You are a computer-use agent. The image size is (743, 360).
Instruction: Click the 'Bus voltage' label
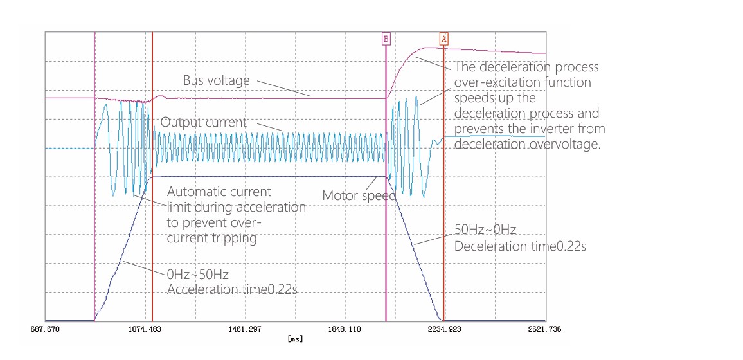point(216,81)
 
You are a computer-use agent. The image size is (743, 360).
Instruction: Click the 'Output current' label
point(203,122)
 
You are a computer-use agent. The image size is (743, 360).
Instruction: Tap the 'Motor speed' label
point(359,195)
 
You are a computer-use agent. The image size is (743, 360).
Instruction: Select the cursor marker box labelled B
point(386,39)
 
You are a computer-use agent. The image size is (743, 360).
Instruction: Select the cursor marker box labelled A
point(443,39)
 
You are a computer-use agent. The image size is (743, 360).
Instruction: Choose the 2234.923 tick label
point(445,328)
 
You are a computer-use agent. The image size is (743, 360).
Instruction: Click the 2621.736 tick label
point(545,328)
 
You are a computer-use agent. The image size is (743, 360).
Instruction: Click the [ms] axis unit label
point(295,338)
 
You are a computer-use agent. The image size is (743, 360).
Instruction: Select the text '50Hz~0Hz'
point(485,230)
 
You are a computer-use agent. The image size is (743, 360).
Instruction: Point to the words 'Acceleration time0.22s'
point(232,289)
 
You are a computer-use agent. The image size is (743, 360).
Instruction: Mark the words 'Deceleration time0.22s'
point(519,246)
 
